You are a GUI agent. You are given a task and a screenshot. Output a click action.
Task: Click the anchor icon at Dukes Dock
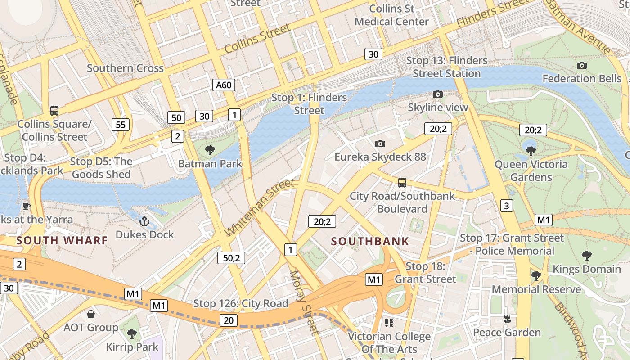144,221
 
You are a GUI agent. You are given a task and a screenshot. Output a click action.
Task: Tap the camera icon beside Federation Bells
581,66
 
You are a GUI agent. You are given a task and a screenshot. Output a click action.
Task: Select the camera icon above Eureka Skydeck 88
380,144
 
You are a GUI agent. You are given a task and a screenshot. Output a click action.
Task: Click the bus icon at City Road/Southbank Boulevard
402,183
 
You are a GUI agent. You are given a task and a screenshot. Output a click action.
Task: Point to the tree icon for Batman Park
210,150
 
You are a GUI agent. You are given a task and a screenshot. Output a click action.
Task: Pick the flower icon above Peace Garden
507,319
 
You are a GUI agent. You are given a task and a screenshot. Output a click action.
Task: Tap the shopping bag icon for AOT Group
91,314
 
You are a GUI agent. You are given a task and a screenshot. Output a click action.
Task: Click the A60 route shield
224,85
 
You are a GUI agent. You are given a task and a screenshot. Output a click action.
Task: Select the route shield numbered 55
121,125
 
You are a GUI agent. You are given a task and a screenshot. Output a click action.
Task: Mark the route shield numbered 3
507,206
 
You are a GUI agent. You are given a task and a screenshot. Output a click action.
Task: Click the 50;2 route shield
231,258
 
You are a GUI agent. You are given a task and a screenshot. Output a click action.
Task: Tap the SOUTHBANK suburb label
370,241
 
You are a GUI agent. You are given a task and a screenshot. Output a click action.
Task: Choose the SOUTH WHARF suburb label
62,240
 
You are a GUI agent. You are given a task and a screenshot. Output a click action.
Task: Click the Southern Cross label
125,68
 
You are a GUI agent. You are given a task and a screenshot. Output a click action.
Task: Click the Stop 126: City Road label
241,304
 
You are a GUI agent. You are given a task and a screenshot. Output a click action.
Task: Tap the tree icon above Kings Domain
586,256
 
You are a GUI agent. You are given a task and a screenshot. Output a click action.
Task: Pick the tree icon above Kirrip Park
132,333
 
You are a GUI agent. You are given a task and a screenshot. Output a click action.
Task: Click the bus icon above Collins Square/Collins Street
54,110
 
